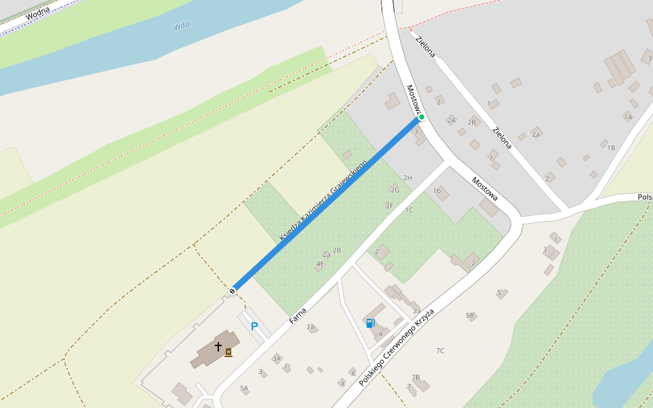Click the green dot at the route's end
click(x=422, y=117)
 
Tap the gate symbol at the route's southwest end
click(x=232, y=291)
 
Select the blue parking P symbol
click(x=254, y=326)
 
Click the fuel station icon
click(x=371, y=323)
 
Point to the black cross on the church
click(x=218, y=346)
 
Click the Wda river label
click(x=181, y=26)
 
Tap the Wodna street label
click(x=38, y=14)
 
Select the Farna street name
click(x=297, y=315)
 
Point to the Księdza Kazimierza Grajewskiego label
click(x=324, y=200)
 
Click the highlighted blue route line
click(x=326, y=204)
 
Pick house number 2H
click(x=407, y=178)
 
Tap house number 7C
click(x=440, y=351)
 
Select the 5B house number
click(x=470, y=316)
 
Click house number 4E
click(x=320, y=264)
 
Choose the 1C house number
click(x=409, y=210)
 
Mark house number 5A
click(x=244, y=388)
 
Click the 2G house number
click(x=395, y=190)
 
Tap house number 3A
click(x=276, y=358)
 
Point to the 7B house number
click(x=416, y=377)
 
